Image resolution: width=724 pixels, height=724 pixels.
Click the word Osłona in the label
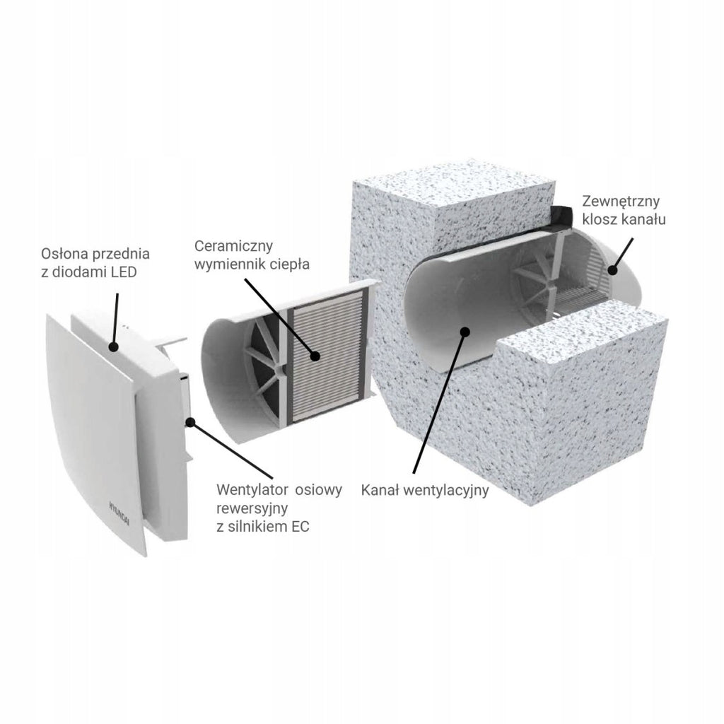tap(65, 254)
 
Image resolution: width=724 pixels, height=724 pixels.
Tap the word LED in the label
tap(124, 272)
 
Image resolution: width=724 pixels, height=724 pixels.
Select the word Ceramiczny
tap(233, 247)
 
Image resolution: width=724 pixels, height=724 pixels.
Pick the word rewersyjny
tap(252, 509)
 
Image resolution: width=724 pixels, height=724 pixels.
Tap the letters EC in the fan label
tap(300, 526)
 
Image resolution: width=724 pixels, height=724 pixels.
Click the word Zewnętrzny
tap(621, 202)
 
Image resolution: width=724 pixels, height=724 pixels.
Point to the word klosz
tap(599, 219)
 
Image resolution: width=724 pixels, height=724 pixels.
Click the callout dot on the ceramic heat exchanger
tap(315, 356)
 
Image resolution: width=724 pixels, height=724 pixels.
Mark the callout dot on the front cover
tap(114, 346)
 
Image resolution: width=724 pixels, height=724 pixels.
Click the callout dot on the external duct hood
tap(613, 269)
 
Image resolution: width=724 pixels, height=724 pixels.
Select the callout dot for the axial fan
tap(189, 421)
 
